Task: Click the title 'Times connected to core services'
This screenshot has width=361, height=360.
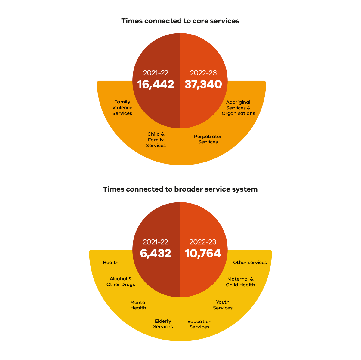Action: pos(180,21)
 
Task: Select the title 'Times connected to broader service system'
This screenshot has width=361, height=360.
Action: pos(180,189)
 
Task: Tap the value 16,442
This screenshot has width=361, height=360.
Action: pos(156,84)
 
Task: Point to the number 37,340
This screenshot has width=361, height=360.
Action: pos(203,84)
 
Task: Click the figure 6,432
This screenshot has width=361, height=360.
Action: pos(156,253)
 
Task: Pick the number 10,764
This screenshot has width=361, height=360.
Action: pos(203,253)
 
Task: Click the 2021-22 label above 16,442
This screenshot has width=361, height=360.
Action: pos(156,73)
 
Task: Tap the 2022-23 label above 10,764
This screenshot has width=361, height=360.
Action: pos(203,242)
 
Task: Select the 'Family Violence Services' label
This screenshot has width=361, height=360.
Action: pos(122,108)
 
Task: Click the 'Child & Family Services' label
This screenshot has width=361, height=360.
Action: pos(156,140)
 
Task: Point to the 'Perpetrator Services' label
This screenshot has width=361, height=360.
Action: pos(208,139)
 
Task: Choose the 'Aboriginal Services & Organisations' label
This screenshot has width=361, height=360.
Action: pos(238,108)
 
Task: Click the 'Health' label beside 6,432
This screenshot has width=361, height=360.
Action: pos(111,263)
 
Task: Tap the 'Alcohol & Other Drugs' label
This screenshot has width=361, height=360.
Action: pos(121,282)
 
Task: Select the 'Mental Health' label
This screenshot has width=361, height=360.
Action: pos(138,305)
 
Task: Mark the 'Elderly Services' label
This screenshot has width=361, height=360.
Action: pos(163,324)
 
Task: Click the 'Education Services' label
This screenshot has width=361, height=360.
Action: pos(199,324)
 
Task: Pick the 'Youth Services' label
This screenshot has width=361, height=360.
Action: pos(223,305)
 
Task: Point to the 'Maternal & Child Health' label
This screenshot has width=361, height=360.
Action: pos(240,282)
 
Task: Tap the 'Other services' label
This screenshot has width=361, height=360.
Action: pos(250,263)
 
